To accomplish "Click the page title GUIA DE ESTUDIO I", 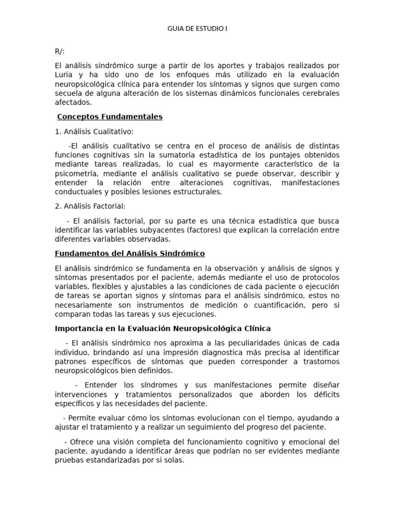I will (x=197, y=29).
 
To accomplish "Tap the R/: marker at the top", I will (x=60, y=52).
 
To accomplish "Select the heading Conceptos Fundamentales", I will (x=110, y=117).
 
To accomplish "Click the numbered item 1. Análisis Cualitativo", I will (x=94, y=132).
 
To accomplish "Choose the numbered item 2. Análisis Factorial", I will (x=90, y=206).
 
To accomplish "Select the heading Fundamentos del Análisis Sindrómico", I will (x=130, y=254).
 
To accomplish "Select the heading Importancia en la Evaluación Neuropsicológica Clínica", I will (x=163, y=328).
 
